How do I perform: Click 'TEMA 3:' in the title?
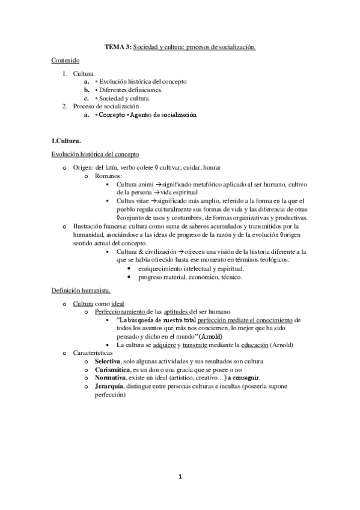pyautogui.click(x=118, y=46)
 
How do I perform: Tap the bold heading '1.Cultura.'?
pyautogui.click(x=66, y=140)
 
